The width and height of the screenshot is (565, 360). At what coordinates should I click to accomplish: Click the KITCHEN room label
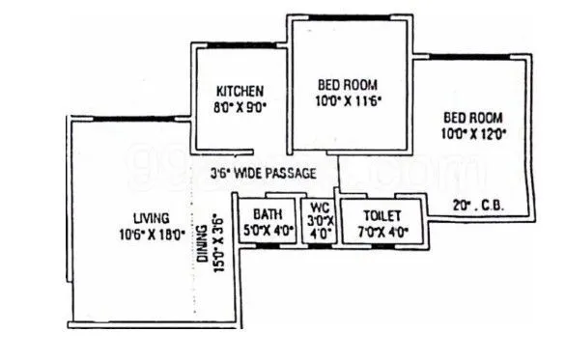pyautogui.click(x=234, y=92)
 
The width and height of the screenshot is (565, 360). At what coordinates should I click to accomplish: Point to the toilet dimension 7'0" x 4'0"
pyautogui.click(x=372, y=231)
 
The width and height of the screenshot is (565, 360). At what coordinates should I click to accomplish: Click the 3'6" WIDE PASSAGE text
pyautogui.click(x=264, y=174)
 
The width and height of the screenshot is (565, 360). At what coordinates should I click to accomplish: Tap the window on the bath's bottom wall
pyautogui.click(x=267, y=247)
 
